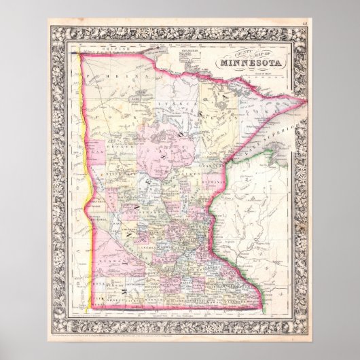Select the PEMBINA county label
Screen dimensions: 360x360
[x=126, y=79]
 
